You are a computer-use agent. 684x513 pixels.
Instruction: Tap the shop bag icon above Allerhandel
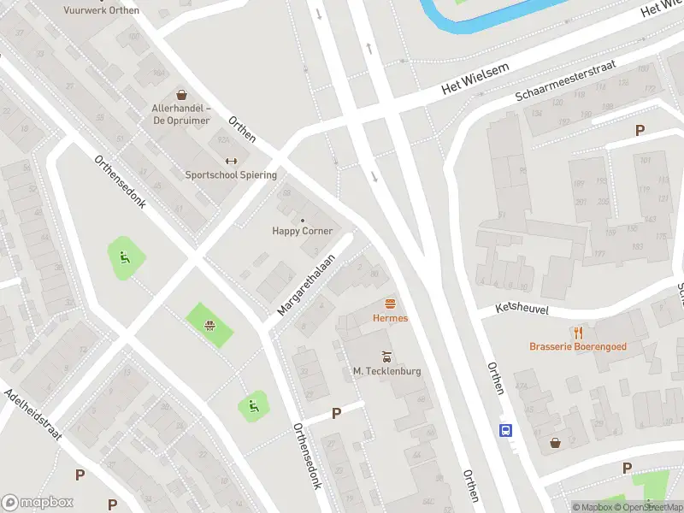coord(181,95)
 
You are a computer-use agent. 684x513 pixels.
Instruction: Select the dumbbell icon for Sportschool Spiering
coord(230,161)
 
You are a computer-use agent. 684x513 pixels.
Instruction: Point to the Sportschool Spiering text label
coord(231,175)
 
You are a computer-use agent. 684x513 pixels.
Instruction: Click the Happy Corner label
coord(302,231)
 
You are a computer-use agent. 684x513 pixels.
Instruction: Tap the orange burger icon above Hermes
coord(390,304)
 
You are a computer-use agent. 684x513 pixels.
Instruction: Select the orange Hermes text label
coord(390,318)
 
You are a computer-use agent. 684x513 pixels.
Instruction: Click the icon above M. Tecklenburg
coord(386,357)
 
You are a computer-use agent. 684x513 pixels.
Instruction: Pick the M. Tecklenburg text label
coord(386,371)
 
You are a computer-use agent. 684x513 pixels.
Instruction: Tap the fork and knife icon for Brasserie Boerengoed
coord(578,333)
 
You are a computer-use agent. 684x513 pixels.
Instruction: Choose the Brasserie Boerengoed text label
coord(578,347)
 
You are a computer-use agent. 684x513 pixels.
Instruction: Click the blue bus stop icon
coord(506,430)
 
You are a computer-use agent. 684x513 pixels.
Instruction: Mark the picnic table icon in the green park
coord(209,325)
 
